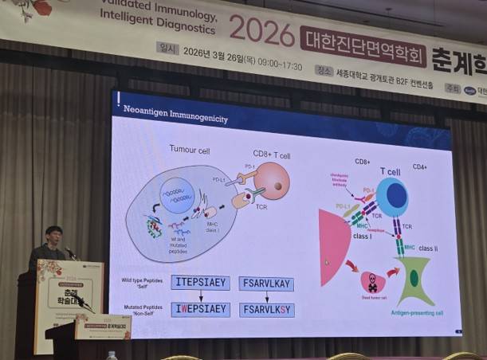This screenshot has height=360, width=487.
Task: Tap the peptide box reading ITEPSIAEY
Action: coord(200,283)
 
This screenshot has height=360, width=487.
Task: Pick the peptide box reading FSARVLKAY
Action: coord(267,284)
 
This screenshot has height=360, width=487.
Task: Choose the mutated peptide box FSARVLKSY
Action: coord(267,310)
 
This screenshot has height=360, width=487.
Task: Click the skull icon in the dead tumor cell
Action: coord(372,284)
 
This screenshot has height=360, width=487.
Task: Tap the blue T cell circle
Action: coord(392,197)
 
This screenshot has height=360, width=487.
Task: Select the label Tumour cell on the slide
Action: coord(189,149)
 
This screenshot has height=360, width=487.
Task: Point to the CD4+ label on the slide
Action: coord(420,167)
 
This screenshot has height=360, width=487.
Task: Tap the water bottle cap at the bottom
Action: coord(112,354)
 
